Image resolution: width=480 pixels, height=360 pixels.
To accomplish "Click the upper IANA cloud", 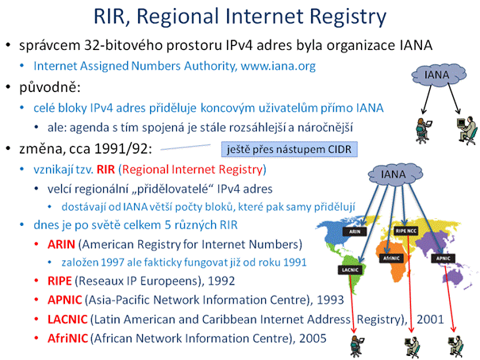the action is coord(439,75).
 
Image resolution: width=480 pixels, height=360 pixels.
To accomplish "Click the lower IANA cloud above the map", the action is coord(395,174).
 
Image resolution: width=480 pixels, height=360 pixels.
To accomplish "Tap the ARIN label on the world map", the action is coord(355,232).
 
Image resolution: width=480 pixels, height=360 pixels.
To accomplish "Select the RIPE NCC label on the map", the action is coord(406,231).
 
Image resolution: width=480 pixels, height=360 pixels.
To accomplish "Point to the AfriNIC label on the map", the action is coord(391,259).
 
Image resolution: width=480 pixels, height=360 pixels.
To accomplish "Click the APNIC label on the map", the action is coord(443,259).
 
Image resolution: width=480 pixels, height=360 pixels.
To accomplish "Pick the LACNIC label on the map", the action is coord(350,270).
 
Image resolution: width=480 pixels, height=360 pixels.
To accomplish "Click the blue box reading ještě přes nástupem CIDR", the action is coord(290,149).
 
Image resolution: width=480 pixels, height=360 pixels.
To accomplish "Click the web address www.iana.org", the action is coord(278,66).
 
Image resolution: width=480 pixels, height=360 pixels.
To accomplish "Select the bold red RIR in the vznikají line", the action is coord(106,170).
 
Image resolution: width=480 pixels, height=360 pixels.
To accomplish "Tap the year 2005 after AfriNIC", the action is coord(313,339).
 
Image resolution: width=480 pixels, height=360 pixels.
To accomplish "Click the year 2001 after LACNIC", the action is coord(430,320).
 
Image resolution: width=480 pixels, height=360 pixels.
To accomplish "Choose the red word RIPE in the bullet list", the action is coord(60,281).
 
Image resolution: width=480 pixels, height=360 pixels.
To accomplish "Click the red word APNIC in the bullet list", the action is coord(65,300).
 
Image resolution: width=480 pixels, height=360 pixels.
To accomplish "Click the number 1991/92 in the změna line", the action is coord(123,149).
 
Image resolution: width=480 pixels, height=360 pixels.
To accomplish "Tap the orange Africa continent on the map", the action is coord(393,260).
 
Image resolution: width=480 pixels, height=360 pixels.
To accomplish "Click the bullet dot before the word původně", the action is coord(8,87).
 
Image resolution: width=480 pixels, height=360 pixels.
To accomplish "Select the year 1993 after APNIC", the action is coord(330,300).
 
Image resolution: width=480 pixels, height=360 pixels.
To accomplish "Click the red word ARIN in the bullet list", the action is coord(61,244).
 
